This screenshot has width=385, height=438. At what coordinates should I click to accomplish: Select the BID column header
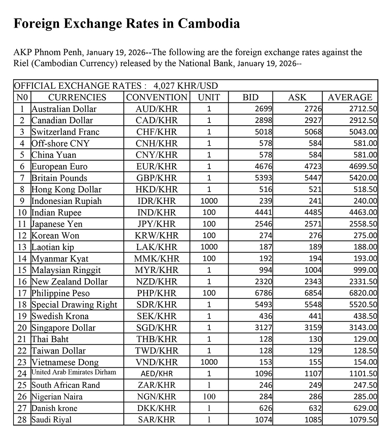[251, 97]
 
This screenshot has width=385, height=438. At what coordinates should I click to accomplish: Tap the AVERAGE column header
[350, 97]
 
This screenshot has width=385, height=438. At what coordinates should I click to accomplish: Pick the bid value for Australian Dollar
[264, 109]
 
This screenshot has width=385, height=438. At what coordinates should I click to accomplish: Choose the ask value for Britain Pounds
[313, 178]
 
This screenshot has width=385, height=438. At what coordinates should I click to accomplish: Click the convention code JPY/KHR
[157, 224]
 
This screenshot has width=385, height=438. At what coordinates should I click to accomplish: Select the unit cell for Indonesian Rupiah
[209, 201]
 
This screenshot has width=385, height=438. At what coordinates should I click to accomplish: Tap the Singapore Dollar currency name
[64, 328]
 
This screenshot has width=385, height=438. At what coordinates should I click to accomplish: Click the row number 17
[22, 293]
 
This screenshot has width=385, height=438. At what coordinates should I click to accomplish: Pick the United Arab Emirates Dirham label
[74, 372]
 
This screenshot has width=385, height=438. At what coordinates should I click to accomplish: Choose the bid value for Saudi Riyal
[264, 420]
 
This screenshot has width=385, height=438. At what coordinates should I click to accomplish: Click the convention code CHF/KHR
[157, 132]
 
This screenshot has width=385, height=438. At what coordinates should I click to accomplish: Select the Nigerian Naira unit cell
[209, 397]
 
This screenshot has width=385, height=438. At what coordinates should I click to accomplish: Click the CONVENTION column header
[157, 97]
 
